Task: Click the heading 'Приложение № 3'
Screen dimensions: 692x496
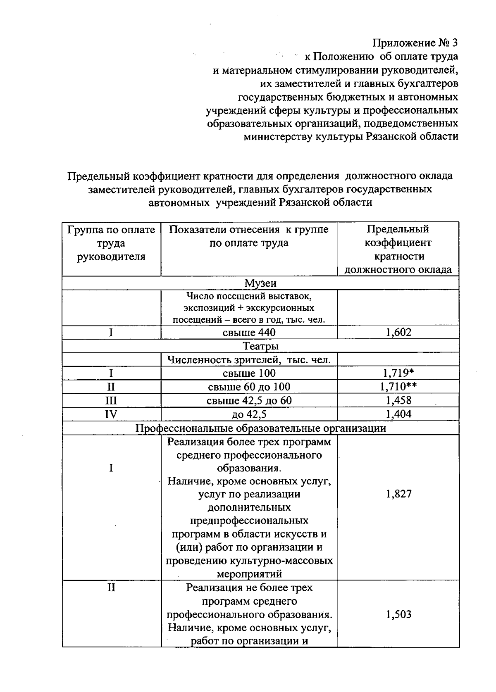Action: click(x=415, y=43)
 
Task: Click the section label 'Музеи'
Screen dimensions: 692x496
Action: click(x=260, y=283)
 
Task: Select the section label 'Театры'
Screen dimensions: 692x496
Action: click(x=260, y=346)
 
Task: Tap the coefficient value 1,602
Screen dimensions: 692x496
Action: click(x=398, y=333)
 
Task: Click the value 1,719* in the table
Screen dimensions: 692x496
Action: click(x=398, y=373)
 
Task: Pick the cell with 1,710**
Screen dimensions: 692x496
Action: click(x=398, y=387)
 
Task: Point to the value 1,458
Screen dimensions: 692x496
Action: click(x=398, y=400)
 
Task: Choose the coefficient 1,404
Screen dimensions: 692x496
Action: click(x=398, y=414)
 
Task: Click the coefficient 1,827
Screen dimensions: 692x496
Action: click(x=398, y=494)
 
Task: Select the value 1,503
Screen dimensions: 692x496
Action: click(x=398, y=614)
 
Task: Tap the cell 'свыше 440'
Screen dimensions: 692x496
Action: click(x=249, y=333)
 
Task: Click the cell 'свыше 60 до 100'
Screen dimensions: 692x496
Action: click(x=249, y=387)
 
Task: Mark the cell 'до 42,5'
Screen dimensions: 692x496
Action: click(x=249, y=414)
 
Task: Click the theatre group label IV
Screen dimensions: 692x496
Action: click(x=111, y=414)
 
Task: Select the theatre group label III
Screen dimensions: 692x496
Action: click(x=111, y=400)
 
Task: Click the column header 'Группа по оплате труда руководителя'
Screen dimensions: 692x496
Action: click(x=111, y=243)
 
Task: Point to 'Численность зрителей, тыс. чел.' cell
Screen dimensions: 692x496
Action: click(x=249, y=360)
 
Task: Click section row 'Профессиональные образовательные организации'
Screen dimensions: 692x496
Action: click(x=260, y=428)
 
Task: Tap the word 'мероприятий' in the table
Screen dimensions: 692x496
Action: click(x=249, y=574)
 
